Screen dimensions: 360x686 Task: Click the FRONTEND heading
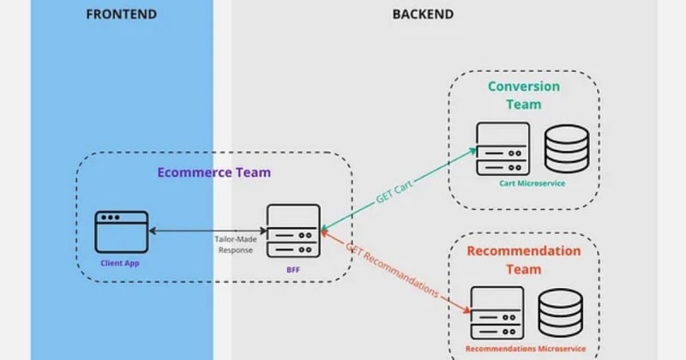click(x=121, y=14)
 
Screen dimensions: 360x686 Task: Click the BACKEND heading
click(x=423, y=14)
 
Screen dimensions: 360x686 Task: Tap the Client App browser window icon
click(x=121, y=231)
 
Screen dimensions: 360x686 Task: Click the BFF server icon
click(x=292, y=231)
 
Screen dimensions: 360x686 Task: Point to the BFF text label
click(x=292, y=268)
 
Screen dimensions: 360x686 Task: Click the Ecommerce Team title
click(x=214, y=171)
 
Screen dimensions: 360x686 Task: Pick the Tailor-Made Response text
click(x=234, y=245)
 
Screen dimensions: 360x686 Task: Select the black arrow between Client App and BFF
click(x=206, y=230)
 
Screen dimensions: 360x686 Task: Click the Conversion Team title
click(x=523, y=95)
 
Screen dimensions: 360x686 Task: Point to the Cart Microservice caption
click(x=532, y=183)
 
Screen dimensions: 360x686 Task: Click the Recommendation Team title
click(x=523, y=260)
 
